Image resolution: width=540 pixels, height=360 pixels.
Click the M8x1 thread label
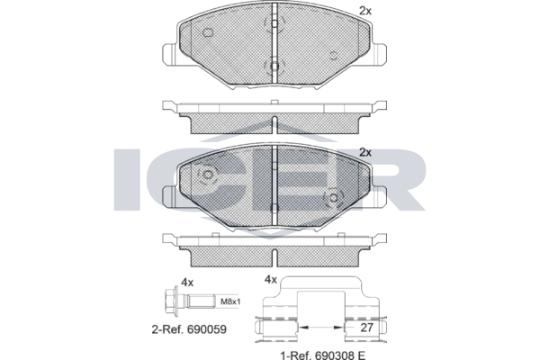pos(230,302)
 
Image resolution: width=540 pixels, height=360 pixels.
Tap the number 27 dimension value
pos(366,328)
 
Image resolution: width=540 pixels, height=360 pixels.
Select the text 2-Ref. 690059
pos(189,329)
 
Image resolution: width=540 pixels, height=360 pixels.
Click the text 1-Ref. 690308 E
pos(323,355)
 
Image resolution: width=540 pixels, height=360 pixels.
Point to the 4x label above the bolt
pos(187,283)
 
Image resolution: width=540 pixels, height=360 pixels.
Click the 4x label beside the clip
pos(270,280)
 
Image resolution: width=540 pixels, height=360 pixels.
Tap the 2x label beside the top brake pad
pos(365,11)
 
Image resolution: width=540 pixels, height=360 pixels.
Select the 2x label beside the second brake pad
pos(365,152)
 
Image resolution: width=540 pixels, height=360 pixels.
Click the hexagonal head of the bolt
pos(170,302)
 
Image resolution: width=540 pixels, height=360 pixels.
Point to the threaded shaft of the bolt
pos(201,302)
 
